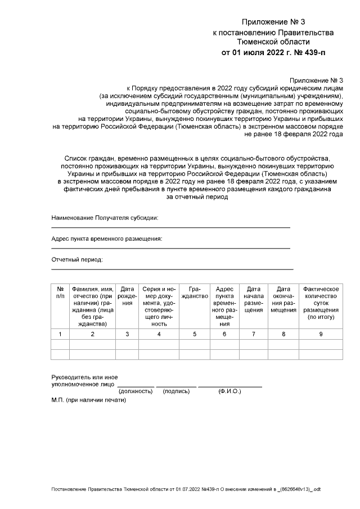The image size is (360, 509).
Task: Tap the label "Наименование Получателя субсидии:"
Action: [105, 218]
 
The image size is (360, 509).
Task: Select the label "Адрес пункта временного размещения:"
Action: [107, 239]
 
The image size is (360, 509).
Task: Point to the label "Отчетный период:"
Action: [77, 260]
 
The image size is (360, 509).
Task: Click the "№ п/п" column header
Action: [60, 292]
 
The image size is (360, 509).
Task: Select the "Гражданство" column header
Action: [195, 292]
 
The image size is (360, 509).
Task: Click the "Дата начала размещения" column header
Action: [254, 299]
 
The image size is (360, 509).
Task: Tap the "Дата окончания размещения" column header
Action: [283, 299]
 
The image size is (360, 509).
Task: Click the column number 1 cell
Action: [60, 335]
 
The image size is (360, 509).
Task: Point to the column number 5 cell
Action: [195, 335]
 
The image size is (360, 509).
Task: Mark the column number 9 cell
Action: [321, 335]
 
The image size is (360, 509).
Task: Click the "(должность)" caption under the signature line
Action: [136, 391]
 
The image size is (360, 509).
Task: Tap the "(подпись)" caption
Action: [176, 391]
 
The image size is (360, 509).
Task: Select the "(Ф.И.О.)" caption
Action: [229, 391]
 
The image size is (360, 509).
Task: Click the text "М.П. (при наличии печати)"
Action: [89, 400]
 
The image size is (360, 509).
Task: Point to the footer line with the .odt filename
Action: [186, 490]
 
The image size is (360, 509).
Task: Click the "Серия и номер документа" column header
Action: [159, 307]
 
